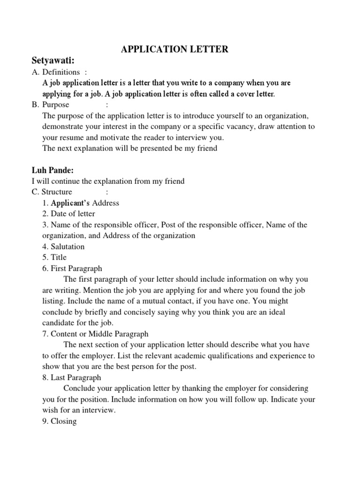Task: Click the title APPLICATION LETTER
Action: tap(175, 49)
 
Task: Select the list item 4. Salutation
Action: tap(63, 247)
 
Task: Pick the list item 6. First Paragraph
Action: tap(72, 269)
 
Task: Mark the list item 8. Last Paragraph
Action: tap(71, 377)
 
